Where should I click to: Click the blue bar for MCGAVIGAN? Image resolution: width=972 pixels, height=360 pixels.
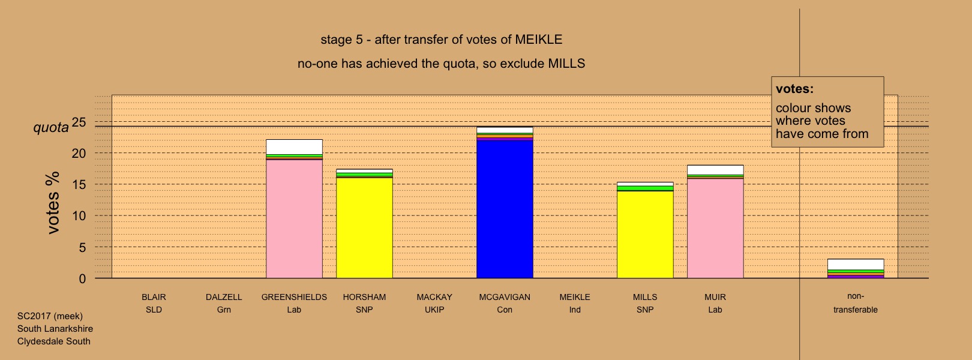[505, 209]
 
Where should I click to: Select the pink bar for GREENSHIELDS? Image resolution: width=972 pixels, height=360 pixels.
[294, 219]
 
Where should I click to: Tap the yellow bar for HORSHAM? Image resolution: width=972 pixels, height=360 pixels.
[365, 228]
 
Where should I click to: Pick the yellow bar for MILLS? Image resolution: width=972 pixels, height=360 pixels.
[645, 235]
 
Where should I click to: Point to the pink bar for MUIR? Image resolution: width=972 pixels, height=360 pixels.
[716, 228]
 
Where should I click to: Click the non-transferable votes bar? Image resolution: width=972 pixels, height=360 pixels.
[856, 268]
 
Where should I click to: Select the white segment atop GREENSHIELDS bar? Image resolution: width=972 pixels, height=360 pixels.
[294, 147]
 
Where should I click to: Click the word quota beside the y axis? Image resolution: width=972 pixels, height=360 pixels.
[51, 128]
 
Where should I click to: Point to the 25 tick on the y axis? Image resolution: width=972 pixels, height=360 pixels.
[79, 122]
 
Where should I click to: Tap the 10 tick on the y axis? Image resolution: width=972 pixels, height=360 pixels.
[79, 215]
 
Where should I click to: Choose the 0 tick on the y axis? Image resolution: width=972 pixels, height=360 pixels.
[82, 279]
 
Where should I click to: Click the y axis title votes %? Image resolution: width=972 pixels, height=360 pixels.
[53, 203]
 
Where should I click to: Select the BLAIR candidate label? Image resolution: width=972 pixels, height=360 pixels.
[154, 297]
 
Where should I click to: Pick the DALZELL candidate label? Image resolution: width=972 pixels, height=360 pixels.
[224, 297]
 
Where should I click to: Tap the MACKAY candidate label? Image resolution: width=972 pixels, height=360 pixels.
[434, 297]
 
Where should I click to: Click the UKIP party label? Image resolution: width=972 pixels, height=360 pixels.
[434, 310]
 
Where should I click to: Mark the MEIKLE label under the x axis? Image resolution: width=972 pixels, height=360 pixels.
[575, 297]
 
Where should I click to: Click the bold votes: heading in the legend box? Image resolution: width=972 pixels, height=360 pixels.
[794, 89]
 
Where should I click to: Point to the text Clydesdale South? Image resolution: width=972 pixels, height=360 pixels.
[54, 341]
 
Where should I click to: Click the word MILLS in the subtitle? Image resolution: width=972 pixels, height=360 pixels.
[566, 64]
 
